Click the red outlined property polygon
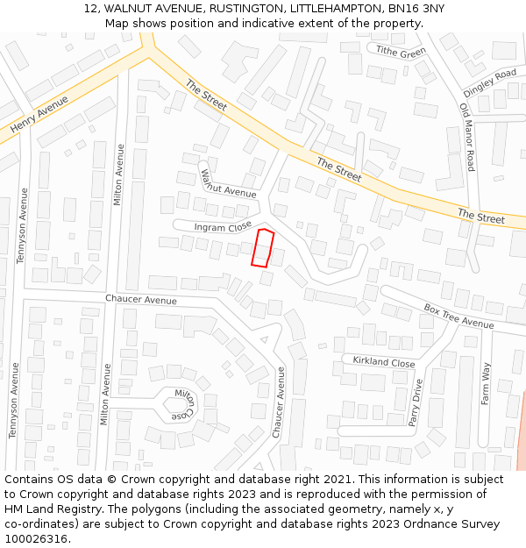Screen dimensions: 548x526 pos(262,247)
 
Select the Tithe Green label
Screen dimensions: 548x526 pos(401,52)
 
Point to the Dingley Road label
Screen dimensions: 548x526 pos(490,82)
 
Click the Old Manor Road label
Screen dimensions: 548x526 pos(467,137)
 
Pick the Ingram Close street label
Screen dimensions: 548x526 pos(223,226)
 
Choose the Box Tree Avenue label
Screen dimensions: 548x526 pos(458,317)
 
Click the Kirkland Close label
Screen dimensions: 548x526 pos(384,362)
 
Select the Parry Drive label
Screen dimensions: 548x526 pos(416,402)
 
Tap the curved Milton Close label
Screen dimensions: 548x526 pos(186,404)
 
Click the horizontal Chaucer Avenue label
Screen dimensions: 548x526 pos(141,300)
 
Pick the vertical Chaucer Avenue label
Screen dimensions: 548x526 pos(280,402)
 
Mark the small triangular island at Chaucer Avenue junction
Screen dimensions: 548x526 pos(264,339)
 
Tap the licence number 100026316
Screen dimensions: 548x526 pos(36,538)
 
